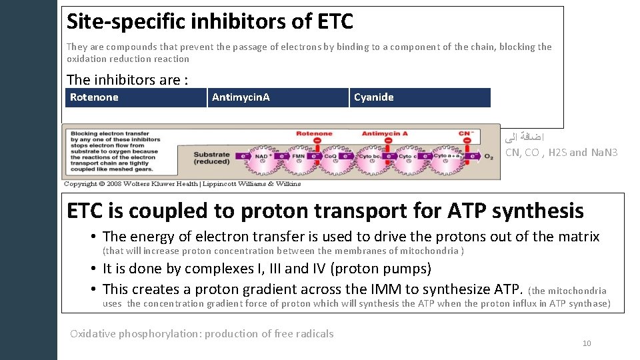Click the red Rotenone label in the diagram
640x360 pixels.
(x=313, y=134)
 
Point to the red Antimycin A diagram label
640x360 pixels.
(x=385, y=134)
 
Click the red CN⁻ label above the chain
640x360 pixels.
(x=465, y=134)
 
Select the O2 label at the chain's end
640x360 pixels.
(x=489, y=157)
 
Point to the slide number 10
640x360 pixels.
(x=587, y=343)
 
